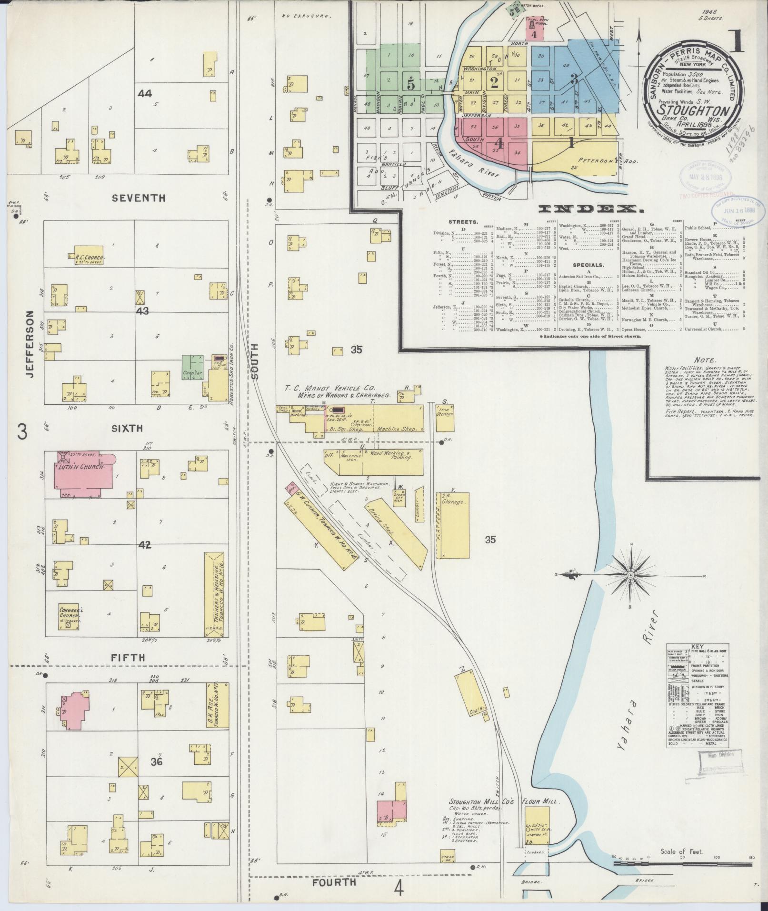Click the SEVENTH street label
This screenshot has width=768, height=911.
(139, 198)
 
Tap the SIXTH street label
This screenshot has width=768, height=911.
(127, 428)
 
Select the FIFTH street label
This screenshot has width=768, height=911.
(128, 658)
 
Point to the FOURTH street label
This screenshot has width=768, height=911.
(334, 882)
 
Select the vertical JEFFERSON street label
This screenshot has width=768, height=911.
(30, 344)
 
